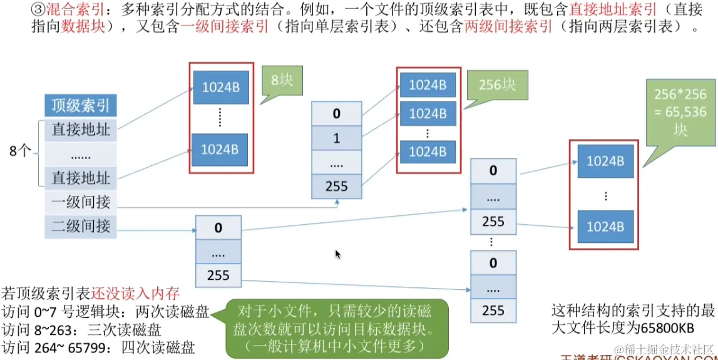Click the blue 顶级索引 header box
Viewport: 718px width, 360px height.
[x=81, y=104]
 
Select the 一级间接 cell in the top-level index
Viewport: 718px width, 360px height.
[x=81, y=202]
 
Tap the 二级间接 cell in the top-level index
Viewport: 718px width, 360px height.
[x=81, y=226]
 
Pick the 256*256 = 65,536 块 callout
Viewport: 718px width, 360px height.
[x=680, y=112]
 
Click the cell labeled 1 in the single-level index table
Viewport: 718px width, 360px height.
[x=337, y=138]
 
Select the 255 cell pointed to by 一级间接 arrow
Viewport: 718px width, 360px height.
[x=337, y=186]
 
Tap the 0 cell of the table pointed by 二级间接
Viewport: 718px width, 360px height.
[x=218, y=228]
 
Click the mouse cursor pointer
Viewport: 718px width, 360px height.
[x=338, y=254]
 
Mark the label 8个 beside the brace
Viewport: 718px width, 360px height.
[x=20, y=151]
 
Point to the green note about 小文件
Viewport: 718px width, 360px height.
[x=337, y=327]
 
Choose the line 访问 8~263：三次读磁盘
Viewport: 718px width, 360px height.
[x=81, y=329]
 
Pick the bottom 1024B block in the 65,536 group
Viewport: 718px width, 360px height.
[x=605, y=226]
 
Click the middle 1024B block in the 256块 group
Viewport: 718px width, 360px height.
[x=428, y=113]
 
